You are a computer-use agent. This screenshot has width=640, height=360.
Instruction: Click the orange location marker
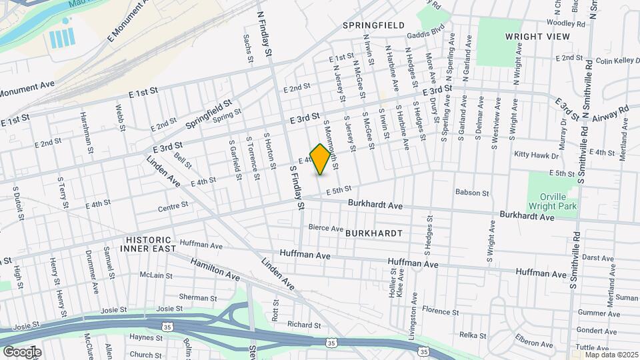[321, 159]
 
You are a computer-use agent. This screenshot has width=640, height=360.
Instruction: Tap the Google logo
[22, 351]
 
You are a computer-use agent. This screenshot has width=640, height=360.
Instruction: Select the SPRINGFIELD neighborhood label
[373, 25]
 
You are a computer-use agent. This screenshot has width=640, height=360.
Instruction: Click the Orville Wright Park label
[552, 203]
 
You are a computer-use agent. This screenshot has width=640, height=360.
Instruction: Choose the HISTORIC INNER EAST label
[147, 243]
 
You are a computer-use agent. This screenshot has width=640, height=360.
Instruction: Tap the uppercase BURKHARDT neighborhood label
[373, 233]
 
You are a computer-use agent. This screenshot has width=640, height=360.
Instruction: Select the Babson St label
[472, 193]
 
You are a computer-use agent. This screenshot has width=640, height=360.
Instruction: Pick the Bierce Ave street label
[325, 228]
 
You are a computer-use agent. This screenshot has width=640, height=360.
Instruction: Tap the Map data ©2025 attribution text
[611, 355]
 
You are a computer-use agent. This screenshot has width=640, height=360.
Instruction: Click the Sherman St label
[175, 297]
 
